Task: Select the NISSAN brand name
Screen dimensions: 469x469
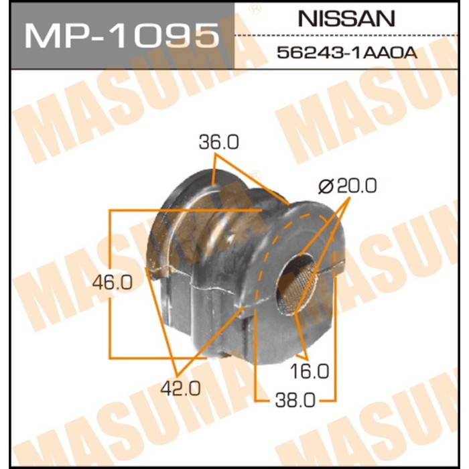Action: pos(346,19)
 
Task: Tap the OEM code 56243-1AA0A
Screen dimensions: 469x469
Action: pos(346,53)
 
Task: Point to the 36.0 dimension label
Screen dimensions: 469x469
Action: pos(219,142)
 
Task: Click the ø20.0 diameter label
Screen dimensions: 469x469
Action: pos(348,186)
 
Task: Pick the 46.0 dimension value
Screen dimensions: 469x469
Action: pos(113,283)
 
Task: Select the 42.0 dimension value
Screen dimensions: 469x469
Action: pos(180,389)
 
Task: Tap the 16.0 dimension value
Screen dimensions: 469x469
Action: pos(310,371)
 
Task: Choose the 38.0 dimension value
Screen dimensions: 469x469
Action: pos(295,400)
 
